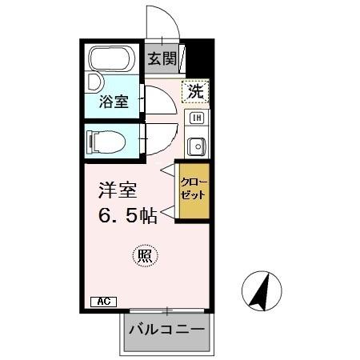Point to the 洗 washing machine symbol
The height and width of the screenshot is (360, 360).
(195, 92)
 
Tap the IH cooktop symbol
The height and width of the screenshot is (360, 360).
(196, 119)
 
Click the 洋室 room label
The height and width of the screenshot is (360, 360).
(118, 191)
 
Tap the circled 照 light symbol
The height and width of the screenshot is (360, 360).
(145, 256)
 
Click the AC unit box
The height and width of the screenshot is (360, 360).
(103, 302)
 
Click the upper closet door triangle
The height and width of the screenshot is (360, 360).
(166, 170)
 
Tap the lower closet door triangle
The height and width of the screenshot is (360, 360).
(167, 213)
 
